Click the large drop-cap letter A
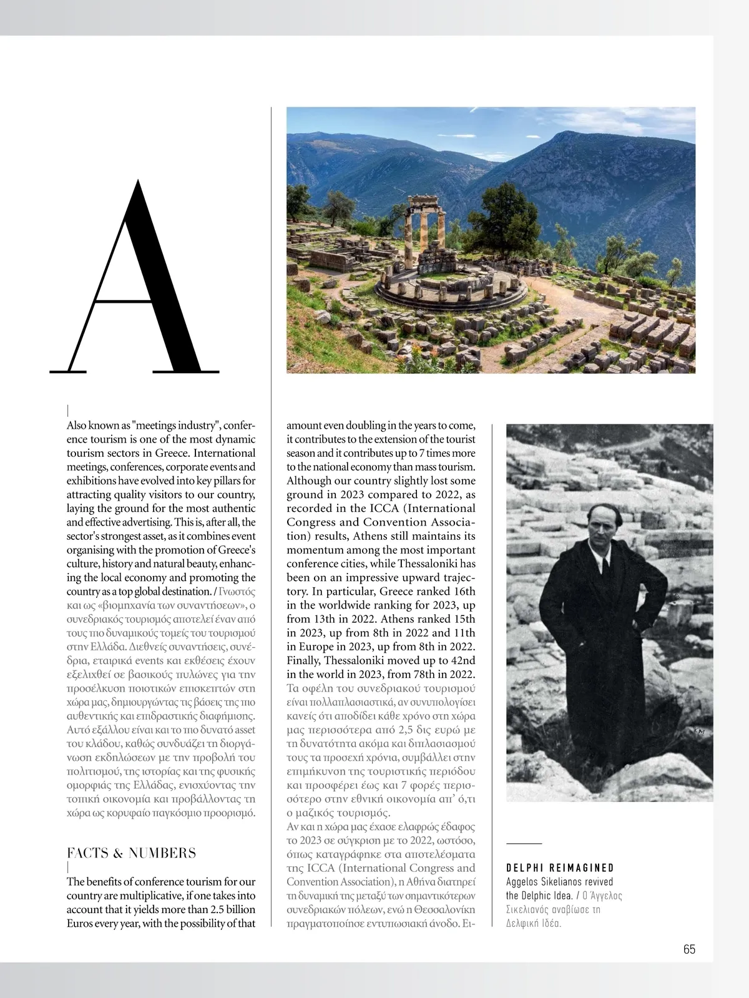click(x=134, y=278)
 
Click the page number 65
click(x=689, y=949)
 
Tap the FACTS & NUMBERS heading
click(x=131, y=853)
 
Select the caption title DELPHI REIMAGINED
click(x=560, y=868)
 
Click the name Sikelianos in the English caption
click(x=582, y=882)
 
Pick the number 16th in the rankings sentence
click(x=462, y=591)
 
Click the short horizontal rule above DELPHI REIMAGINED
click(x=524, y=843)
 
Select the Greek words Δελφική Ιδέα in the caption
click(x=534, y=923)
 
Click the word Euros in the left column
click(x=82, y=923)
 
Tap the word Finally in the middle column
click(x=306, y=660)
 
